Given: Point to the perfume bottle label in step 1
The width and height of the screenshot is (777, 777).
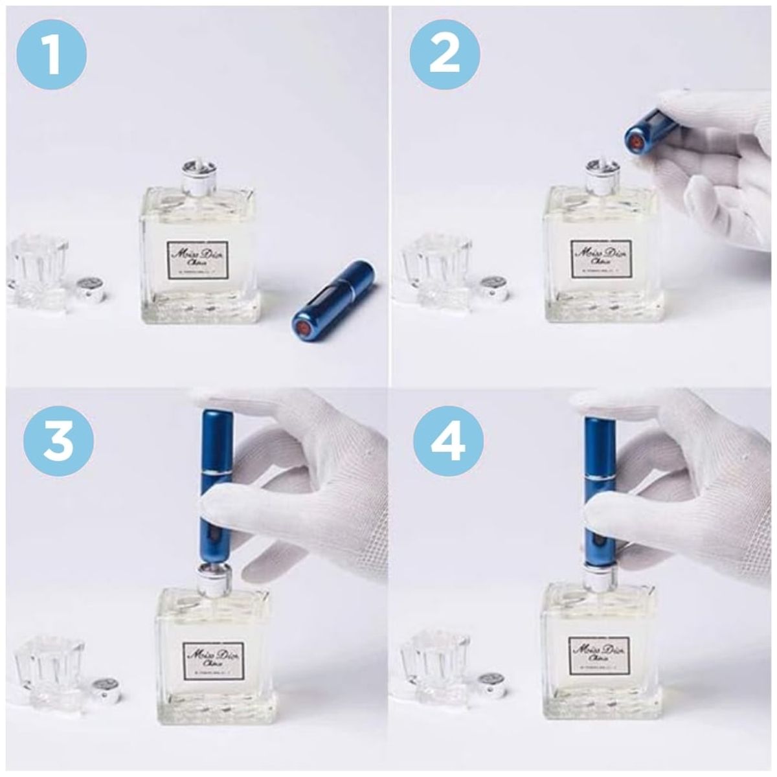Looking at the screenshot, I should pos(198,260).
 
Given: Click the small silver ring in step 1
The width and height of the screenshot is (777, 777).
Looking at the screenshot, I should pos(89,289).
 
